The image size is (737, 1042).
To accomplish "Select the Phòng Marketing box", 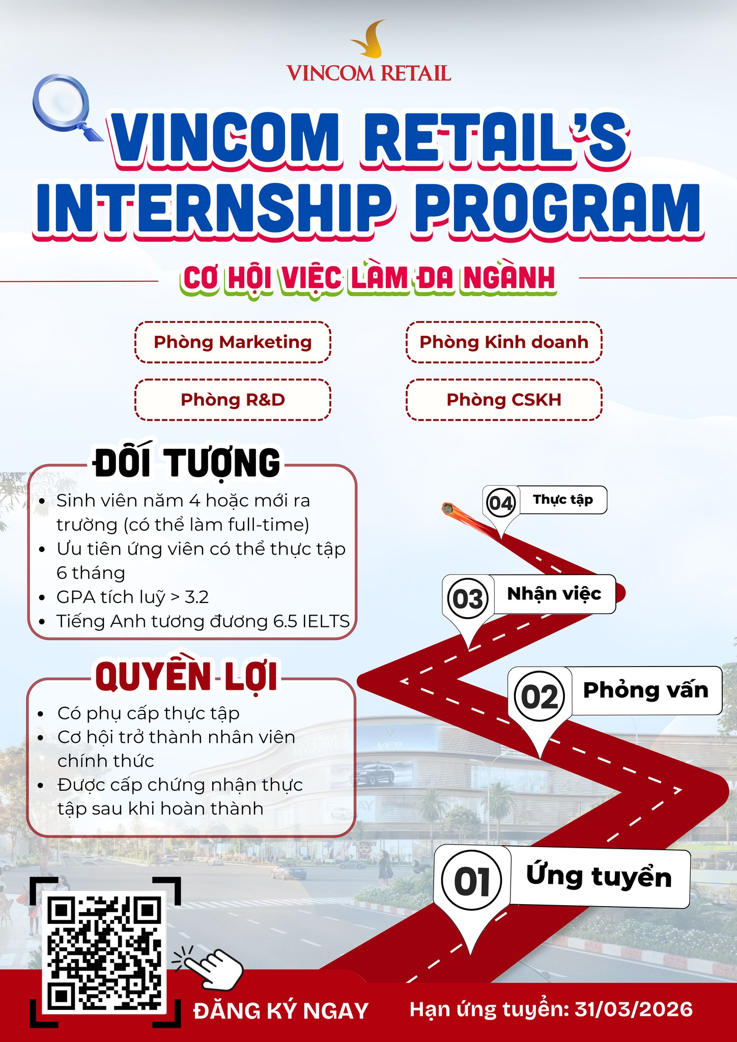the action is (233, 342).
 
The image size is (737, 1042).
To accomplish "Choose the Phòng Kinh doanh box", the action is (504, 342).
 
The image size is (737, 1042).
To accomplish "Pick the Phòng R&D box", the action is (233, 400).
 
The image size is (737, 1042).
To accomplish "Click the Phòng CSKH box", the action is (504, 400).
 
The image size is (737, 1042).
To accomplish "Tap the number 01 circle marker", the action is (472, 881).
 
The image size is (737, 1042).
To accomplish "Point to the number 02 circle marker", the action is (540, 696).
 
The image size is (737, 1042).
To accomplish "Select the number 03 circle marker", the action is (468, 598).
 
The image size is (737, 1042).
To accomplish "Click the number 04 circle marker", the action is (501, 503).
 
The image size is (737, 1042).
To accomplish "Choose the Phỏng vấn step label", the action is (646, 690).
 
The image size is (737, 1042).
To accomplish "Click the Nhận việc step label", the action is (554, 594).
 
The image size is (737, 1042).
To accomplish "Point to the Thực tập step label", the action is (563, 500).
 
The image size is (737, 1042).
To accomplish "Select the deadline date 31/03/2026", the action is (634, 1009).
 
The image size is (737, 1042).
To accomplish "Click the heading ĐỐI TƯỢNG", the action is (187, 462).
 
